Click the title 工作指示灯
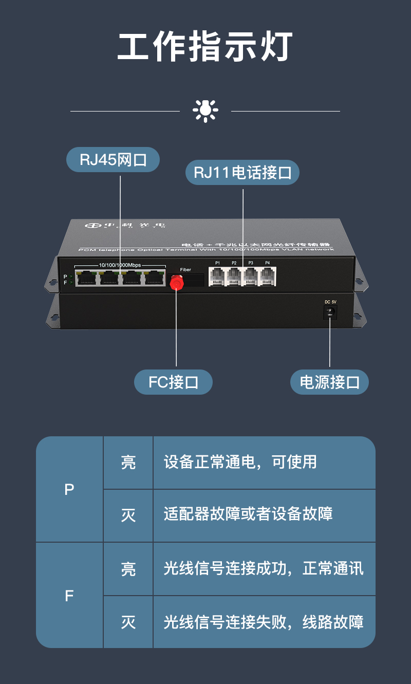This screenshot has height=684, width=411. tap(206, 47)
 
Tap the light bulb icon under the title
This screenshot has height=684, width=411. tap(206, 110)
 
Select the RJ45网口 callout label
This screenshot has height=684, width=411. tap(113, 160)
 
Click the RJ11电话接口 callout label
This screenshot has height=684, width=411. tap(242, 173)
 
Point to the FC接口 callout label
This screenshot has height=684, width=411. tap(173, 382)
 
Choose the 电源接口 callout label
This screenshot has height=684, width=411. tap(329, 382)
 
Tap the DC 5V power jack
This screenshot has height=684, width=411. tap(330, 312)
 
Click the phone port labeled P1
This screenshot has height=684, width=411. tap(217, 276)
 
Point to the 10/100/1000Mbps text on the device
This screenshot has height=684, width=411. tap(120, 265)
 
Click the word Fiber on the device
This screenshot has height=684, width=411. tap(185, 270)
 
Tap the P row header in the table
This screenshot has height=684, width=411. tap(69, 489)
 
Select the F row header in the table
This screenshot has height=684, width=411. tap(69, 596)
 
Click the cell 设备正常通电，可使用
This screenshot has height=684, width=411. tap(240, 462)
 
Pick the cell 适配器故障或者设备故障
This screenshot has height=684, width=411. tap(248, 514)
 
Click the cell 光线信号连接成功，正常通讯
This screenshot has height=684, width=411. tap(264, 568)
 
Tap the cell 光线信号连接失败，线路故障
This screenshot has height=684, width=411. tap(264, 622)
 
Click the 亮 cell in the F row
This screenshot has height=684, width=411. tap(128, 569)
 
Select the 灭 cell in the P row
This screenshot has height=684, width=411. tap(128, 515)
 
